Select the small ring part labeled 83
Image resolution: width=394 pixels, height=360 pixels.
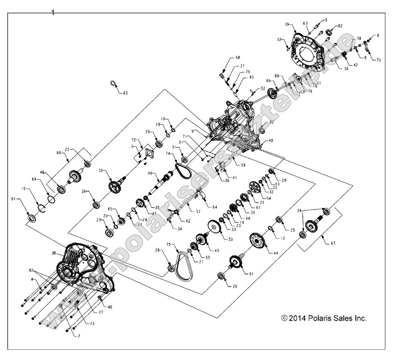[x=113, y=84]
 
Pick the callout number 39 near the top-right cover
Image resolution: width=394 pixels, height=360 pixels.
[x=288, y=24]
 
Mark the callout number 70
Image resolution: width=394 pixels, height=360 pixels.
[x=378, y=59]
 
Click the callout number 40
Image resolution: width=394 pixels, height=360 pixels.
[x=270, y=141]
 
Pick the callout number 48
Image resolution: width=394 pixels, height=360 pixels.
[x=109, y=307]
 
